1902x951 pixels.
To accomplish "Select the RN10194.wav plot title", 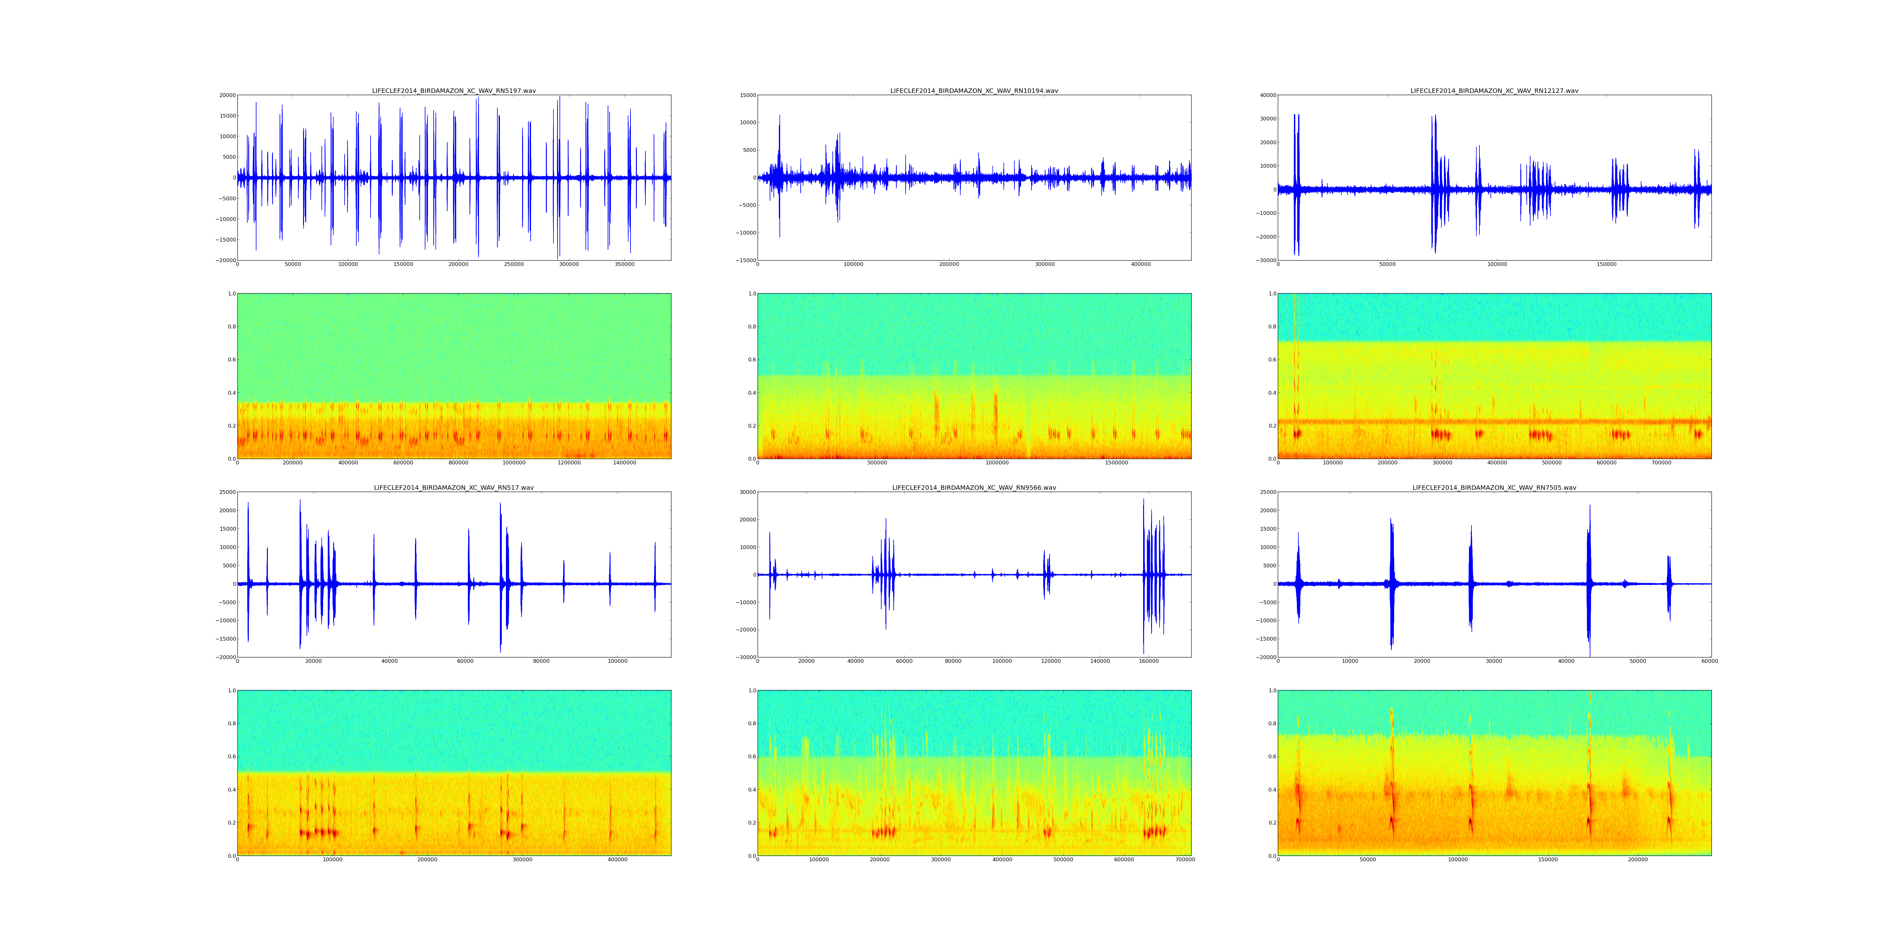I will (x=974, y=91).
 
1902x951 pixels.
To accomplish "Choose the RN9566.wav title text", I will (x=974, y=488).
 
